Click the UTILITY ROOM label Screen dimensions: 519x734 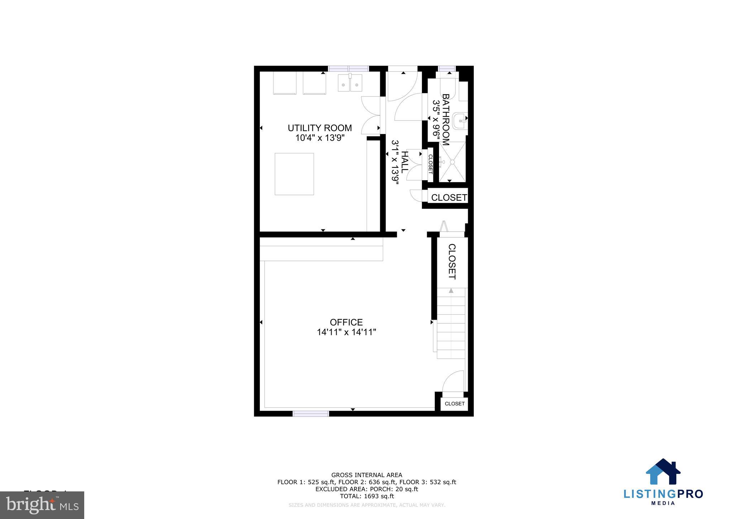pyautogui.click(x=320, y=128)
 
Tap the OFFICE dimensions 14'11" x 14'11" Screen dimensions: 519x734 pyautogui.click(x=346, y=332)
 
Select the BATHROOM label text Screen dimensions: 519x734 pyautogui.click(x=445, y=119)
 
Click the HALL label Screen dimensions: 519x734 pyautogui.click(x=404, y=162)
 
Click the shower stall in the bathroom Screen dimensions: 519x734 pyautogui.click(x=452, y=162)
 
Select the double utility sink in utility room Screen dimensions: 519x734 pyautogui.click(x=350, y=83)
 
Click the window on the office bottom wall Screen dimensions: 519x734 pyautogui.click(x=311, y=413)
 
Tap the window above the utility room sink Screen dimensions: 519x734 pyautogui.click(x=348, y=68)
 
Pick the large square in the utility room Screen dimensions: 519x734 pyautogui.click(x=294, y=174)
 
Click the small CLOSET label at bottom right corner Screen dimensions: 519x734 pyautogui.click(x=454, y=404)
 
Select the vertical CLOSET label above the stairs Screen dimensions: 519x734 pyautogui.click(x=452, y=261)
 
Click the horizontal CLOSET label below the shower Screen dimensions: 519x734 pyautogui.click(x=449, y=197)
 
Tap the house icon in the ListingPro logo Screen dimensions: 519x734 pyautogui.click(x=663, y=472)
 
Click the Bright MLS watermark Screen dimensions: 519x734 pyautogui.click(x=42, y=505)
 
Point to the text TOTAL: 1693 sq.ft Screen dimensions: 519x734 pyautogui.click(x=367, y=496)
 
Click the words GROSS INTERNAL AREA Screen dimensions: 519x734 pyautogui.click(x=367, y=475)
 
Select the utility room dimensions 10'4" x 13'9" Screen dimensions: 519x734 pyautogui.click(x=320, y=138)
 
